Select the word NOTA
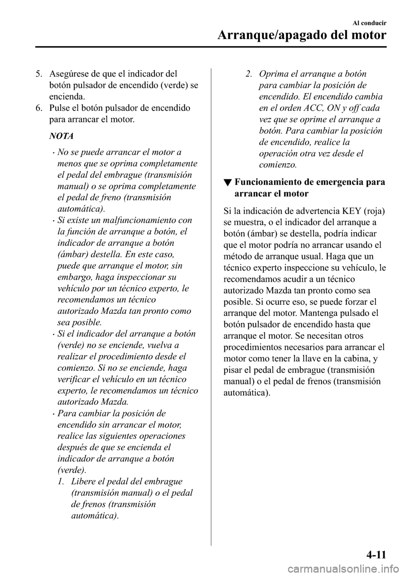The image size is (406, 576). [x=61, y=136]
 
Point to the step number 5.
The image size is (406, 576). [x=38, y=74]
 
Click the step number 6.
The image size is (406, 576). [x=38, y=108]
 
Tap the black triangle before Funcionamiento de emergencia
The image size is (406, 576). [x=228, y=183]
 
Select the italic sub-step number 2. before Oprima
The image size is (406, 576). [x=250, y=74]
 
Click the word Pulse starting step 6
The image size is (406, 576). [x=58, y=108]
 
